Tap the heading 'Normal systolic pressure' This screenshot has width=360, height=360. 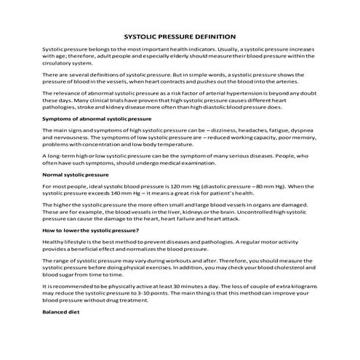coord(77,175)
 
